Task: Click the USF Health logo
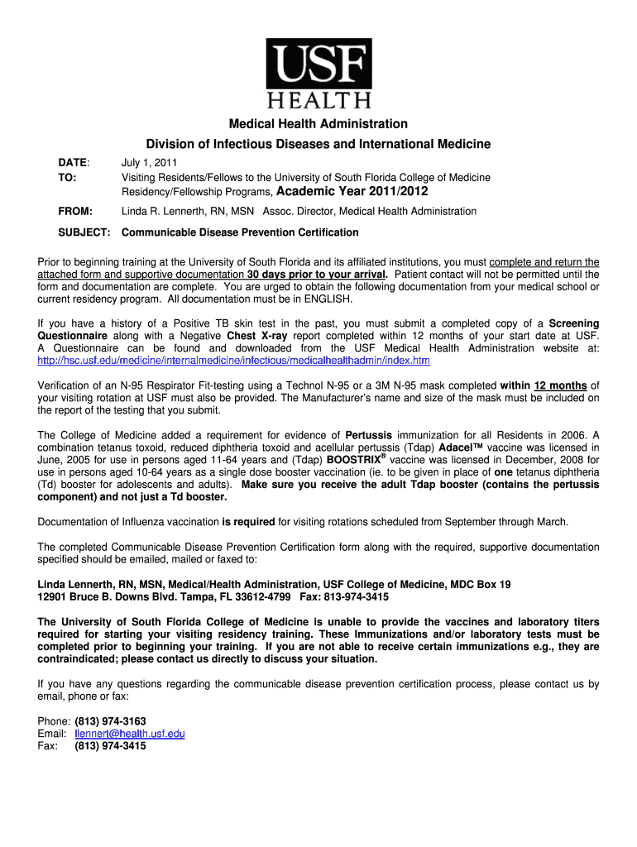[x=318, y=74]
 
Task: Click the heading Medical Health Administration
[x=318, y=124]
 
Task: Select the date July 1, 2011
[x=150, y=163]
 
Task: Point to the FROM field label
[x=75, y=211]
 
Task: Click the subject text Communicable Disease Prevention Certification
[x=240, y=232]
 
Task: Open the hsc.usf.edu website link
[x=234, y=361]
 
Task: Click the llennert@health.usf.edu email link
[x=130, y=734]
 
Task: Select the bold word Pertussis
[x=369, y=435]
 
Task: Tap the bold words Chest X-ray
[x=255, y=336]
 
